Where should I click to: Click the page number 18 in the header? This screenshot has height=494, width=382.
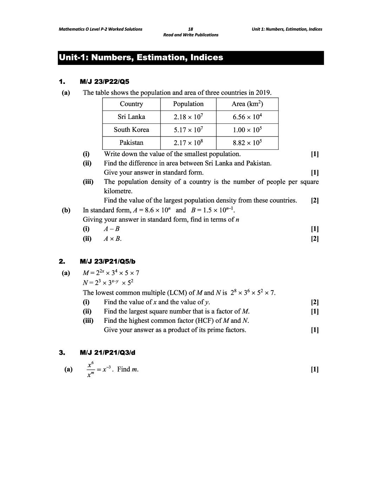191,29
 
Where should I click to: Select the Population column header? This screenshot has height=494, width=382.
188,104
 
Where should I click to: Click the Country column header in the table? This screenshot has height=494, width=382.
131,104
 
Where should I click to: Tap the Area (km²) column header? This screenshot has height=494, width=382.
247,104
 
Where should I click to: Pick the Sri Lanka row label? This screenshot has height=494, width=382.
131,117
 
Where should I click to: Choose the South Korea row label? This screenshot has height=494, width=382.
131,130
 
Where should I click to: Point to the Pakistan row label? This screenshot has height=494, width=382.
131,143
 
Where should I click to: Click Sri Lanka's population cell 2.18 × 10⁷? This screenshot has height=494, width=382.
188,117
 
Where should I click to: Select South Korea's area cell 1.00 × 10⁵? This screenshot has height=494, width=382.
247,130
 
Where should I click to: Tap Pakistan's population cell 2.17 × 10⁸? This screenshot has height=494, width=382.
188,143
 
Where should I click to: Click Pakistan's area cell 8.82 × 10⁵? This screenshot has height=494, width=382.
247,143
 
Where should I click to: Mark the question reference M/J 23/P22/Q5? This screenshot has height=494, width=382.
105,82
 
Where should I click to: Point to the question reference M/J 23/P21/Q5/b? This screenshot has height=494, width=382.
107,261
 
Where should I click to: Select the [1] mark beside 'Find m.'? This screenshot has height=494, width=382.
315,369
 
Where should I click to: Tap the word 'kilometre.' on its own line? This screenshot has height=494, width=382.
118,191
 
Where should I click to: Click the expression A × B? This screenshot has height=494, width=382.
113,239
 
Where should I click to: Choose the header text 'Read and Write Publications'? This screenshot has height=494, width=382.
191,35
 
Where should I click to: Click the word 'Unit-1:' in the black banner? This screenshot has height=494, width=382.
73,58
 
